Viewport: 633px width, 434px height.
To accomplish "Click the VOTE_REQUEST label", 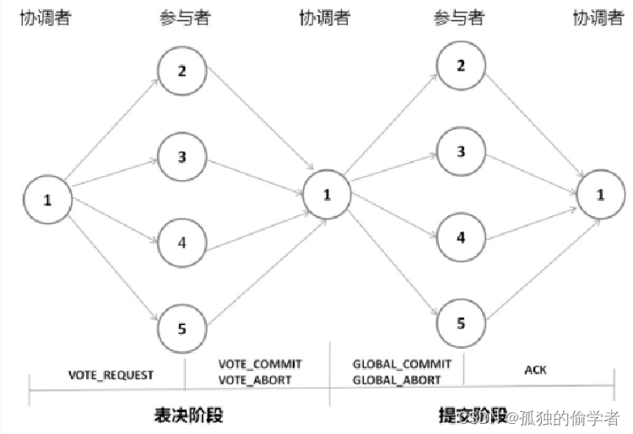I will tap(111, 375).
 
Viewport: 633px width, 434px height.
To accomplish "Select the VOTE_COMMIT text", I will tap(260, 364).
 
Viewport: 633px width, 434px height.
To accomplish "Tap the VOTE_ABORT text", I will tap(255, 380).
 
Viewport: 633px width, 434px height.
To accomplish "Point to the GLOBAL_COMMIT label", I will tap(401, 364).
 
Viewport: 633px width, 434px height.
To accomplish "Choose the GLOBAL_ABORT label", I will tap(396, 380).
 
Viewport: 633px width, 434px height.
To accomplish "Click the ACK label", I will tap(537, 371).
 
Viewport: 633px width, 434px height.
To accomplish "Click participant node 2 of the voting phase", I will tap(182, 70).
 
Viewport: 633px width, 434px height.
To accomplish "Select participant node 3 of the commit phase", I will tap(461, 151).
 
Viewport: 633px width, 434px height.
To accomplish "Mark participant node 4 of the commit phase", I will tap(461, 237).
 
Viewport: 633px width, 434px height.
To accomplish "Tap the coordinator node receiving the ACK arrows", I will tap(601, 195).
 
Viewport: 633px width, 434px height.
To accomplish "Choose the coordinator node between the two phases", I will tap(326, 195).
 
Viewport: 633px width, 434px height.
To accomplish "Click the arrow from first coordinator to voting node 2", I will tap(111, 129).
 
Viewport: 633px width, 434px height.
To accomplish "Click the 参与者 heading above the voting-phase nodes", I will tap(182, 18).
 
